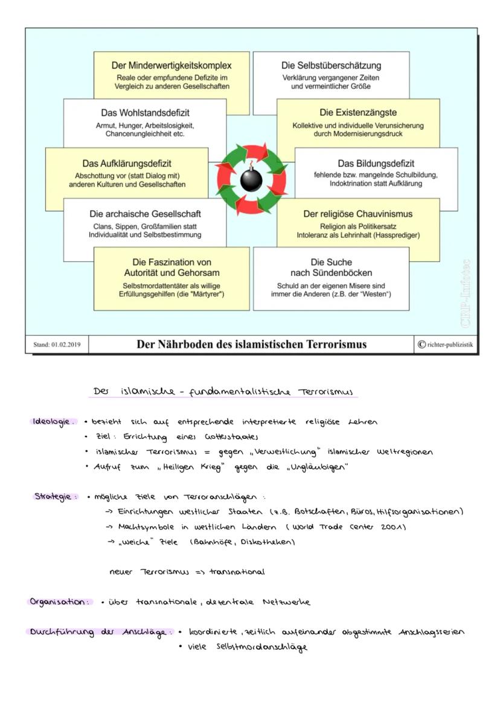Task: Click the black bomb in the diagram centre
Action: (251, 179)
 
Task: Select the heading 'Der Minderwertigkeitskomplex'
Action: (171, 65)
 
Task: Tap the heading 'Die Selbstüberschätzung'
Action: (331, 65)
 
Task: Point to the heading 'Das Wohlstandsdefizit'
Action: (144, 113)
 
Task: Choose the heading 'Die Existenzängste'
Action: (358, 113)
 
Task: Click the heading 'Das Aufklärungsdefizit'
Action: (127, 163)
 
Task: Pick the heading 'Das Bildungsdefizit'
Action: (376, 163)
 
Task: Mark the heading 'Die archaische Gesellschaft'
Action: (145, 214)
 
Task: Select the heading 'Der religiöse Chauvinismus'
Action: (357, 214)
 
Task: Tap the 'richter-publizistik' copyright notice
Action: (444, 345)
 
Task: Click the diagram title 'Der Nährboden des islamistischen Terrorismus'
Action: (251, 344)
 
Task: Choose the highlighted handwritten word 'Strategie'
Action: (56, 497)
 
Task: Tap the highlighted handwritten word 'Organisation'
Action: (60, 602)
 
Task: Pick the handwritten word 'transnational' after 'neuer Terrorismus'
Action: (237, 572)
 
